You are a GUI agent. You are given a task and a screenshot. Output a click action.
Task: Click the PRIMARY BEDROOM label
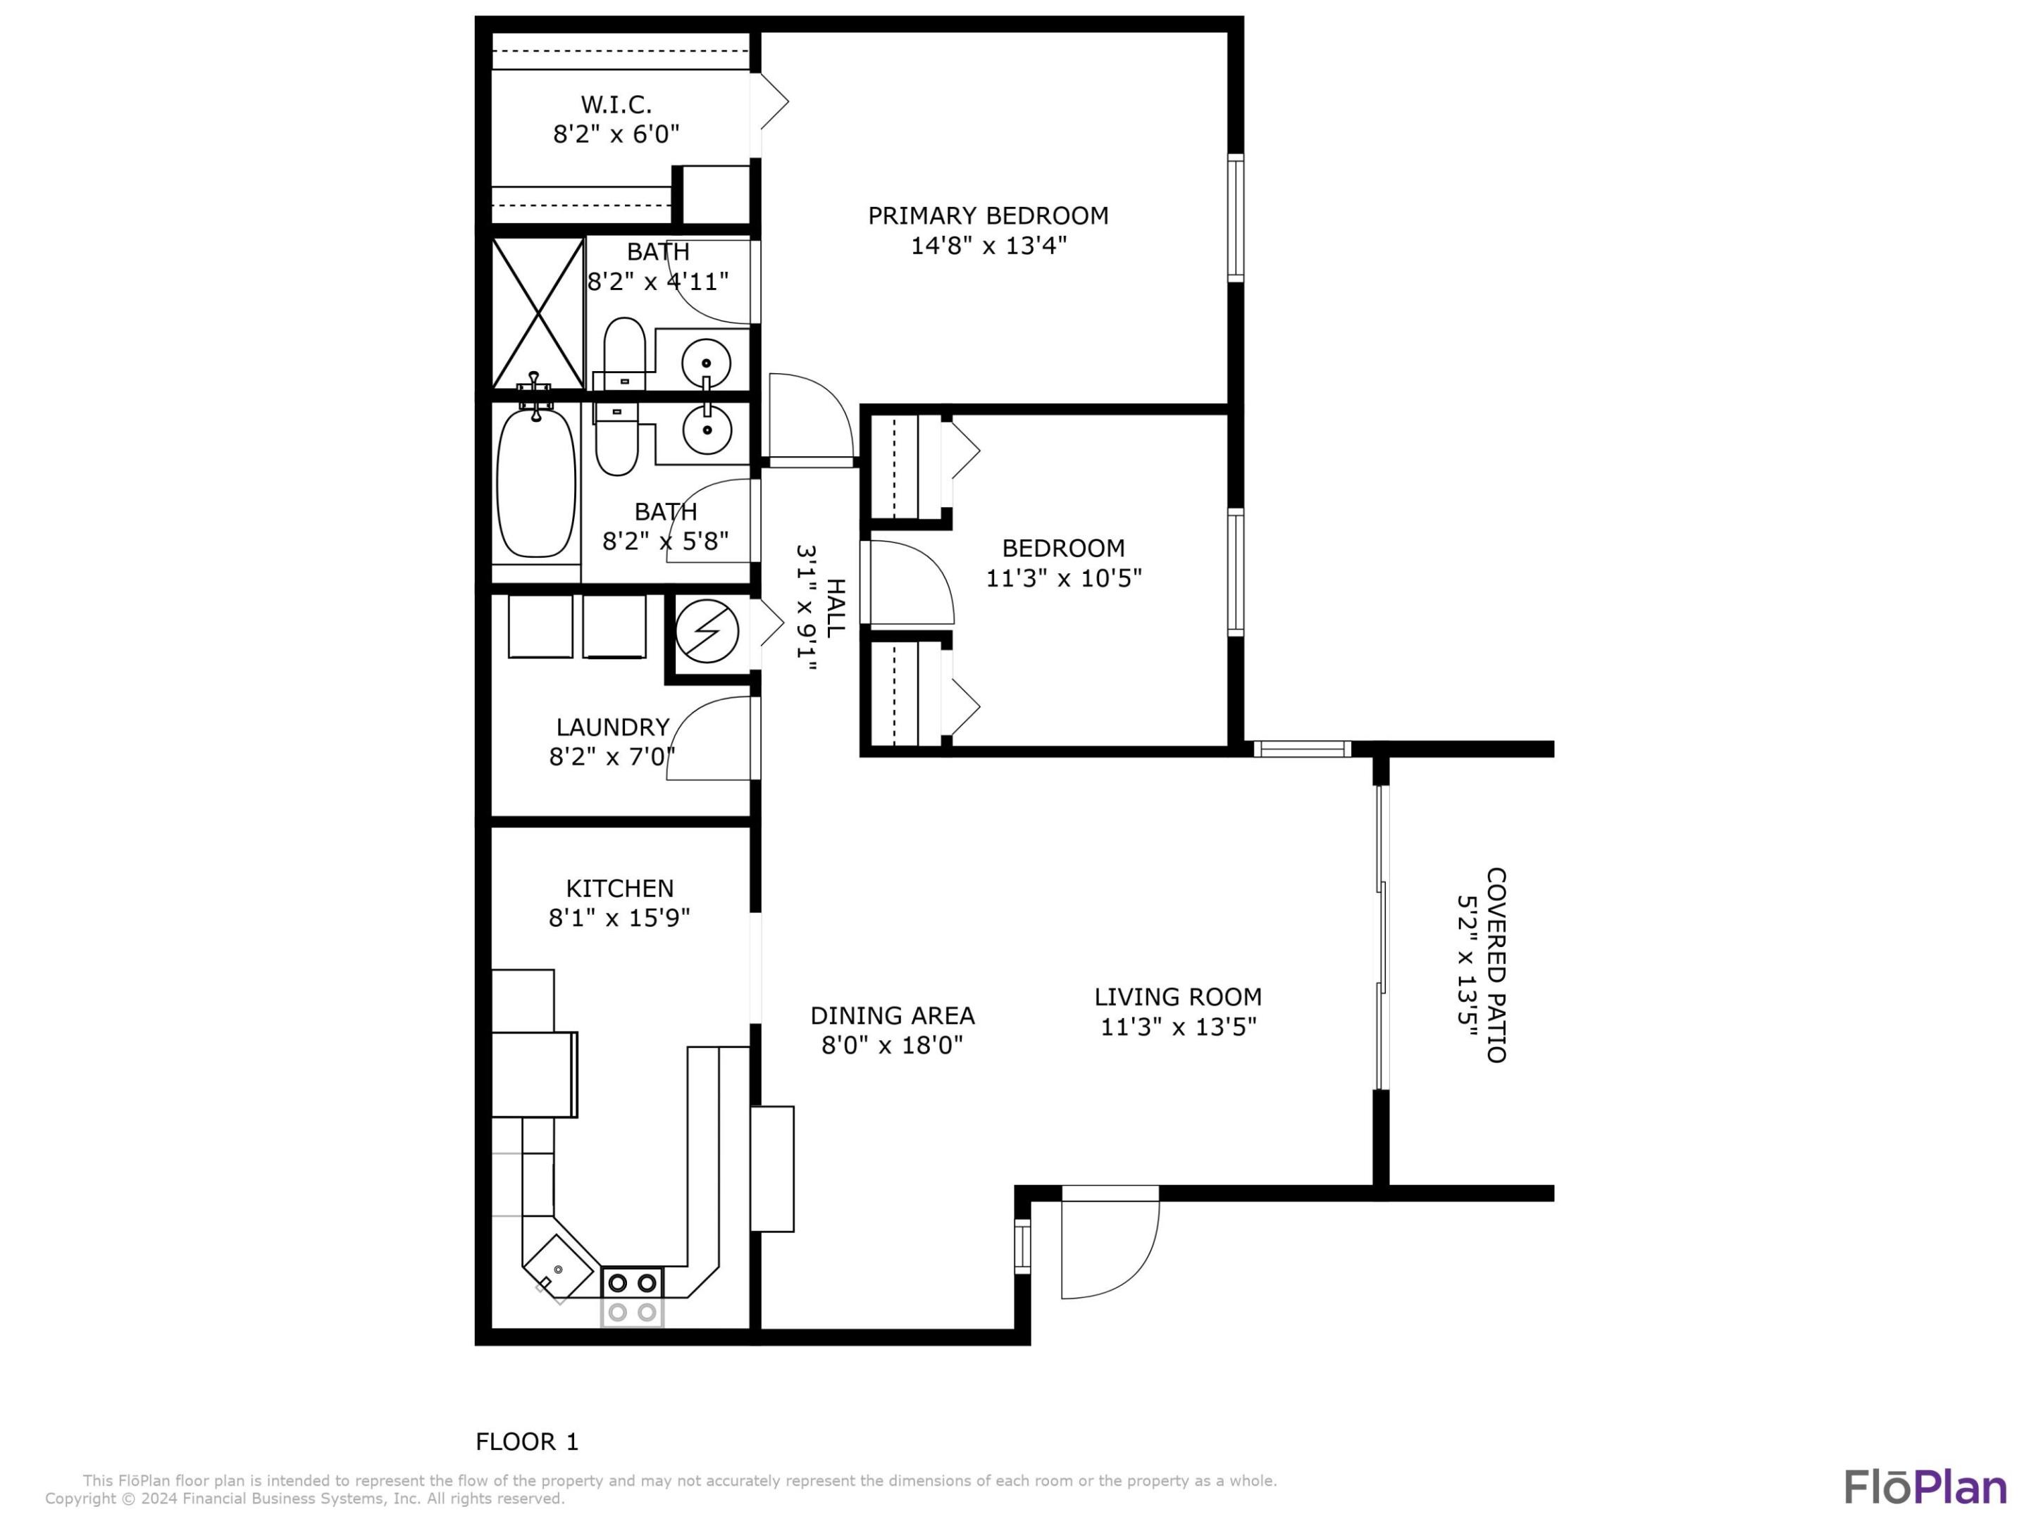tap(988, 215)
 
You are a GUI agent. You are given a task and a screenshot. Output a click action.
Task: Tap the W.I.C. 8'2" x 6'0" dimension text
tap(616, 134)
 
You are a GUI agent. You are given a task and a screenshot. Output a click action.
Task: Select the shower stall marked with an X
tap(538, 313)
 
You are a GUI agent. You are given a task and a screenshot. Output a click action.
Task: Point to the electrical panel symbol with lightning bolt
tap(707, 632)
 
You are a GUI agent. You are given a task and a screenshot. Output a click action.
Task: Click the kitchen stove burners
tap(632, 1296)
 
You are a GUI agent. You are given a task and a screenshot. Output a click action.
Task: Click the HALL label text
tap(835, 608)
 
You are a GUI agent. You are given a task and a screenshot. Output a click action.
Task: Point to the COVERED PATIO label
tap(1495, 965)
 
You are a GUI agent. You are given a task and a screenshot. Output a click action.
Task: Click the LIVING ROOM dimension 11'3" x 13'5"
tap(1178, 1027)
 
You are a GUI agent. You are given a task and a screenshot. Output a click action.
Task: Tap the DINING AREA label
tap(892, 1016)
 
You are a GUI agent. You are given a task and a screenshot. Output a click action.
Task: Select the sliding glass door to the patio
tap(1380, 937)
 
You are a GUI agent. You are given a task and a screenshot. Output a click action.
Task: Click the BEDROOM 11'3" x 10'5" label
tap(1063, 563)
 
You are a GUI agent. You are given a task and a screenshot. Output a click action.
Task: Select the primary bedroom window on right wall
tap(1236, 218)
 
